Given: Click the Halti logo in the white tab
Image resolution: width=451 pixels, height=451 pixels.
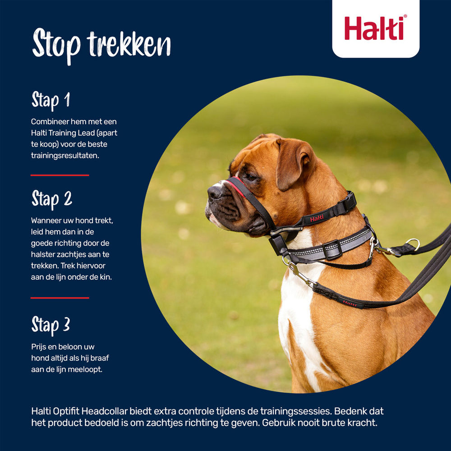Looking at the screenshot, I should click(x=376, y=28).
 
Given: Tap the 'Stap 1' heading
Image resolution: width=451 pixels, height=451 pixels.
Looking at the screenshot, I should click(x=51, y=100).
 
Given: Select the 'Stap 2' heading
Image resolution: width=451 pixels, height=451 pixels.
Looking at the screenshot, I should click(x=51, y=199).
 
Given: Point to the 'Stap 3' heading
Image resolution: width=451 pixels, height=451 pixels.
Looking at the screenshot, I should click(x=51, y=324).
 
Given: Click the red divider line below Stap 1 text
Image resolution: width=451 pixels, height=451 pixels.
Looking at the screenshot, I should click(x=60, y=175).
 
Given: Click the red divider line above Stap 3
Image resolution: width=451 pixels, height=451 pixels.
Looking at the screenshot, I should click(x=60, y=298).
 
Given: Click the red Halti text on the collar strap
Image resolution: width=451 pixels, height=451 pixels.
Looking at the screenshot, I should click(x=317, y=218).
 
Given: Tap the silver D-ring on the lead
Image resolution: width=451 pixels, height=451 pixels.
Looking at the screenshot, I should click(x=412, y=244).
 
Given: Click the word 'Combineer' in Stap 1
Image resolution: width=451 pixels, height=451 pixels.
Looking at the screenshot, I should click(x=50, y=122).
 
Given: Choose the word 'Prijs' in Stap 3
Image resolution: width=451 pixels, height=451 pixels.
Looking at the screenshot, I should click(x=38, y=347).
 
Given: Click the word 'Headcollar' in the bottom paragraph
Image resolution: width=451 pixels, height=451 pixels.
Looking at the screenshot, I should click(x=107, y=411).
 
